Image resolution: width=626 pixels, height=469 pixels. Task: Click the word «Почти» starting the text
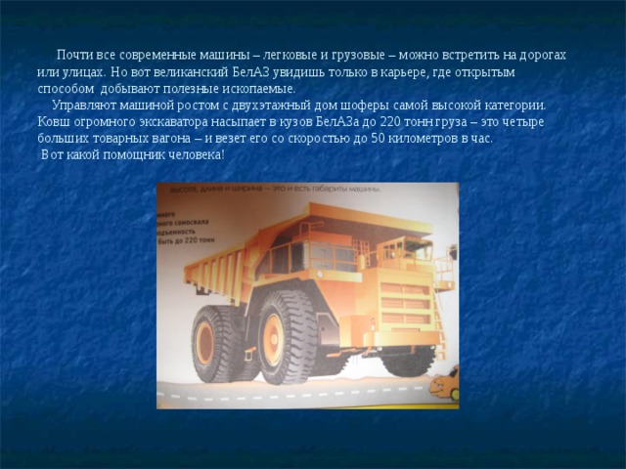[75, 56]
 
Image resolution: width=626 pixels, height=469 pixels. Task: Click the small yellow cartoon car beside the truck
[447, 383]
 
